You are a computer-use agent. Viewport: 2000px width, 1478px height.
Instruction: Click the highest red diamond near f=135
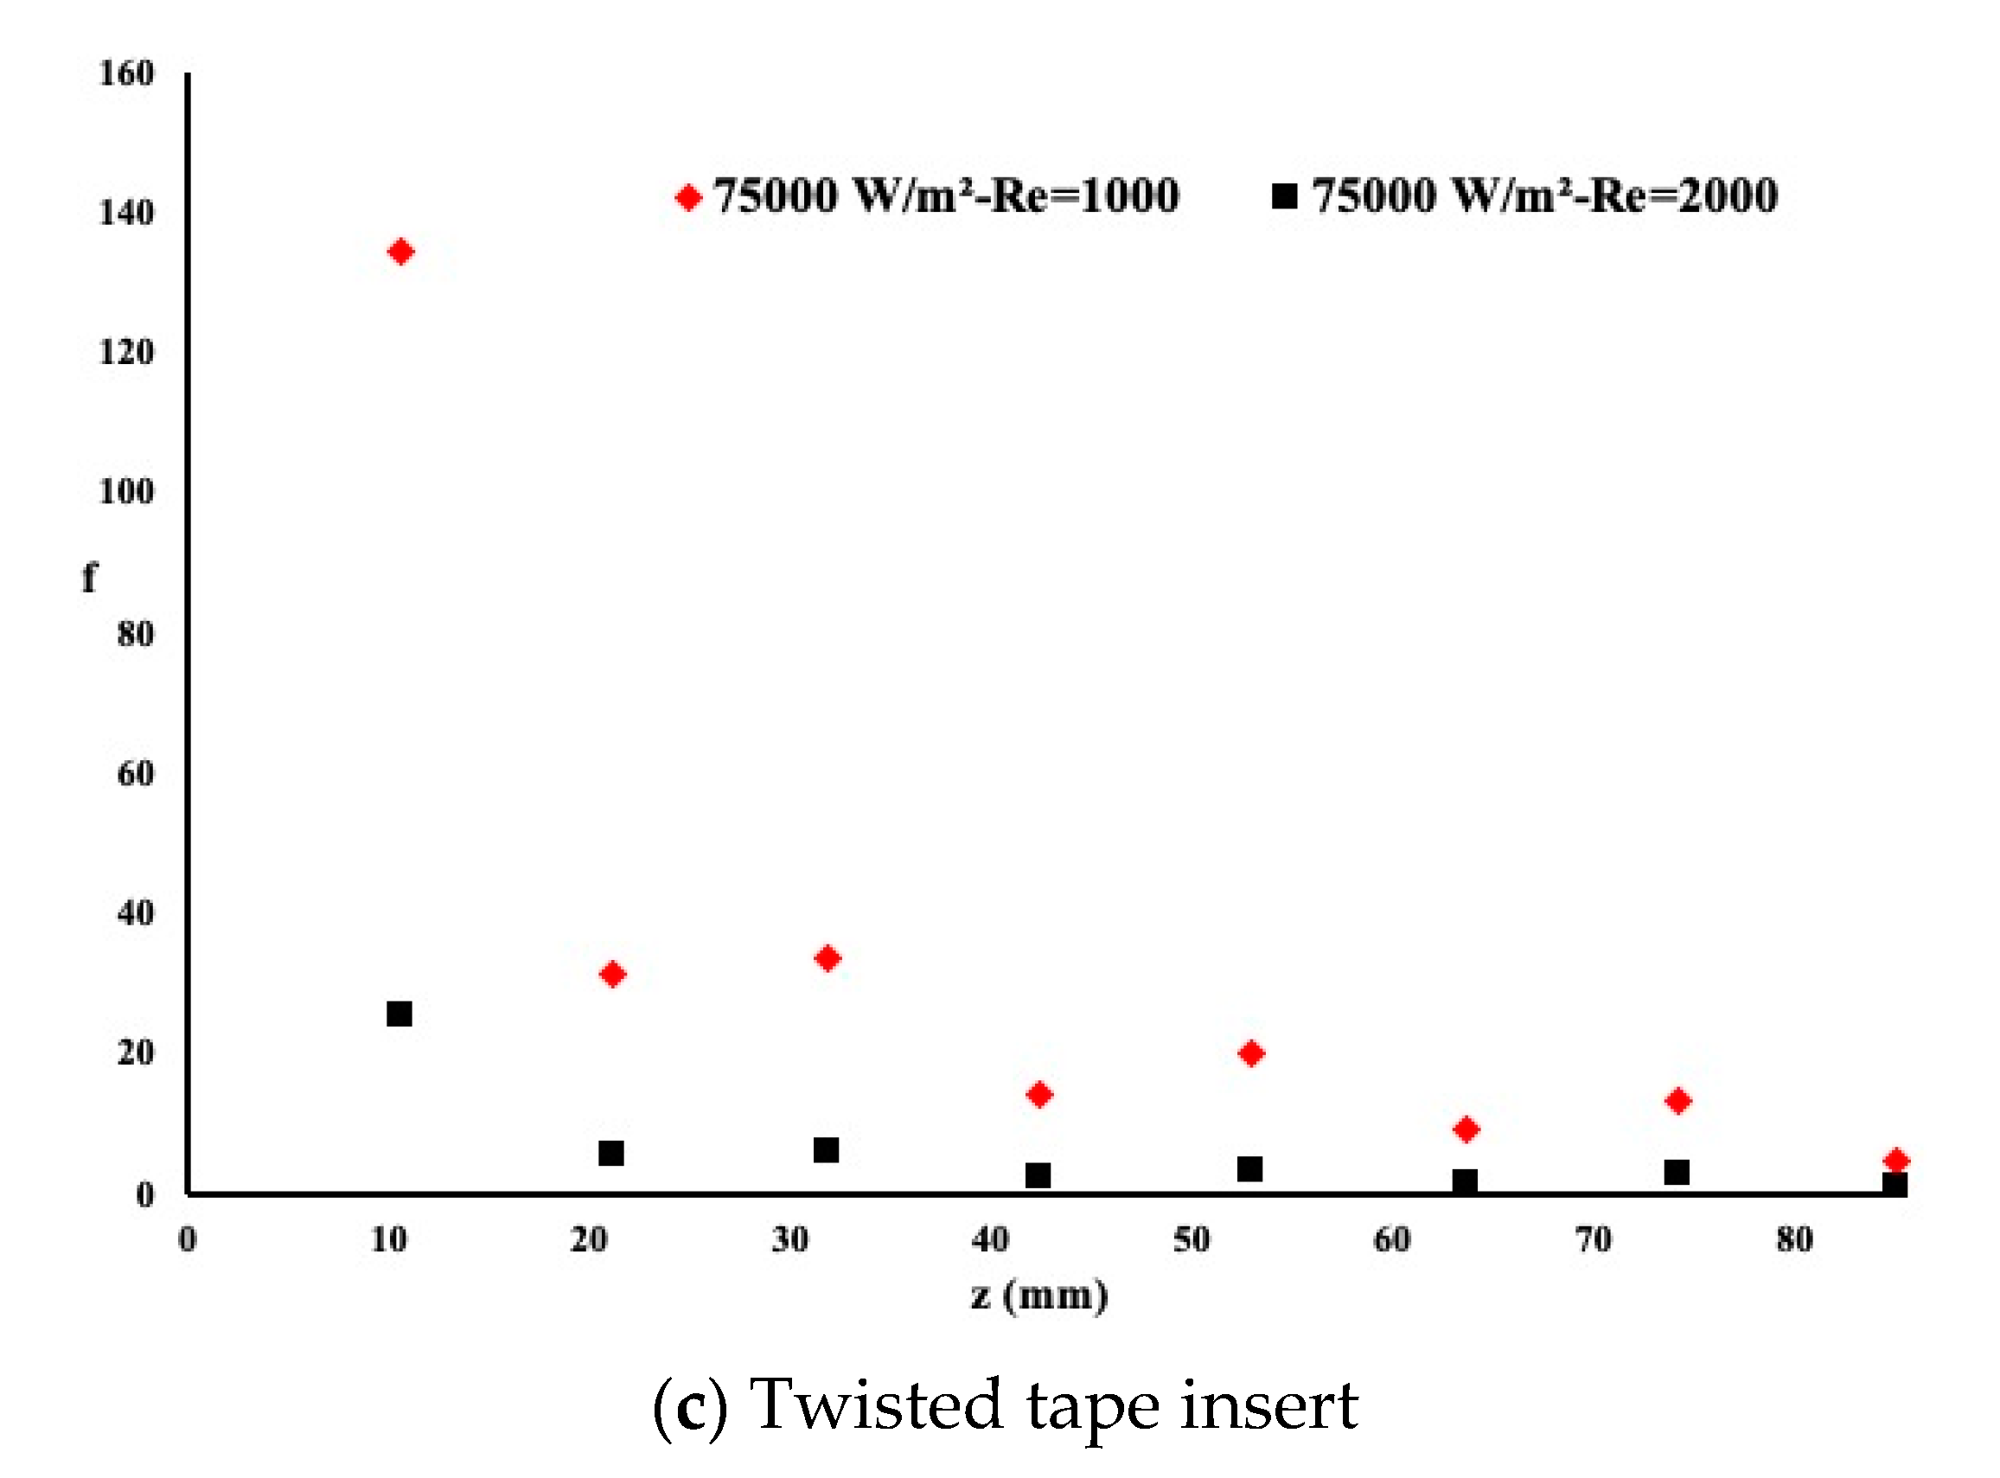pyautogui.click(x=399, y=252)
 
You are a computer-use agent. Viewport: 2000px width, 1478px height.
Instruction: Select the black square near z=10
pyautogui.click(x=399, y=1014)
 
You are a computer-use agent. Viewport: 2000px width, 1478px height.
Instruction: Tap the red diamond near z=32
pyautogui.click(x=827, y=958)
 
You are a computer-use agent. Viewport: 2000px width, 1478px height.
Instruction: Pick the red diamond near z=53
pyautogui.click(x=1251, y=1053)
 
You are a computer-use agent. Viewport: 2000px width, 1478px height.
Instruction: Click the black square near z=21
pyautogui.click(x=611, y=1152)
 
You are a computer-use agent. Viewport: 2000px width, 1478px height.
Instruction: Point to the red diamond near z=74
pyautogui.click(x=1678, y=1100)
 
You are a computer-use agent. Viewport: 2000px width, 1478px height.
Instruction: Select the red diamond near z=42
pyautogui.click(x=1039, y=1094)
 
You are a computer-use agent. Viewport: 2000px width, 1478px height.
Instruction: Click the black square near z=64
pyautogui.click(x=1464, y=1182)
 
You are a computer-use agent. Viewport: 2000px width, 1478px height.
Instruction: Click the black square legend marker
pyautogui.click(x=1284, y=196)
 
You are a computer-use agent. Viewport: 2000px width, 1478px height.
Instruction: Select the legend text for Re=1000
pyautogui.click(x=946, y=195)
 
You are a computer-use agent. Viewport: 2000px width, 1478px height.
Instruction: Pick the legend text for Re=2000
pyautogui.click(x=1544, y=195)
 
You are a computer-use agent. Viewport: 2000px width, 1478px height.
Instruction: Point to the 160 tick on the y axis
pyautogui.click(x=126, y=74)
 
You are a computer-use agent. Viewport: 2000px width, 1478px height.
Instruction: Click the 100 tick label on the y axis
pyautogui.click(x=126, y=491)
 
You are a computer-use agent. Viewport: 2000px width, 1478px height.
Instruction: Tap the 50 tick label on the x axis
pyautogui.click(x=1192, y=1240)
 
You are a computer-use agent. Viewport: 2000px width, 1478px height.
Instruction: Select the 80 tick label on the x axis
pyautogui.click(x=1794, y=1240)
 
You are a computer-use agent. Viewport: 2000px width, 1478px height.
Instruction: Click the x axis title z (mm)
pyautogui.click(x=1039, y=1296)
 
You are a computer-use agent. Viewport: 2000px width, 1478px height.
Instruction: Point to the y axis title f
pyautogui.click(x=88, y=578)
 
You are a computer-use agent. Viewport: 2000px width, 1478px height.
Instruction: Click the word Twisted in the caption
pyautogui.click(x=875, y=1405)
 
